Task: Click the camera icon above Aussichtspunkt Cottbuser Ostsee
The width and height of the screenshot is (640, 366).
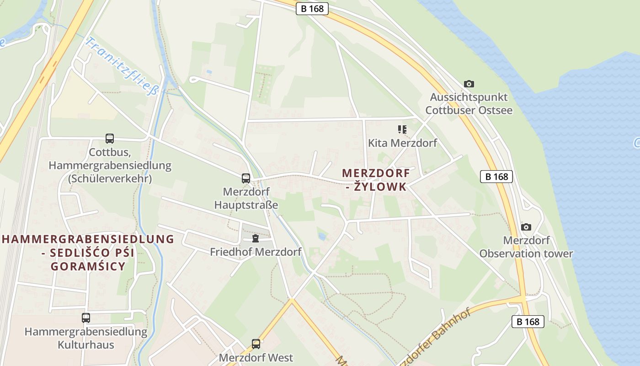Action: [469, 84]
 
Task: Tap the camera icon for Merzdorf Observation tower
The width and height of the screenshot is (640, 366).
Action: [526, 227]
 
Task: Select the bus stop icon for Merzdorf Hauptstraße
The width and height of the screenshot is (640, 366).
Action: [246, 178]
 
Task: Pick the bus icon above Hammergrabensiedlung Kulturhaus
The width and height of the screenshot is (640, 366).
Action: [86, 318]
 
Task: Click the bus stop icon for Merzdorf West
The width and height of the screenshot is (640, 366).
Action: [256, 344]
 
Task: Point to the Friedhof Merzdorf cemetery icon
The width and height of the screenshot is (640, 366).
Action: [256, 238]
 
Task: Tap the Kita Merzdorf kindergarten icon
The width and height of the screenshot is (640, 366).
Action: [402, 129]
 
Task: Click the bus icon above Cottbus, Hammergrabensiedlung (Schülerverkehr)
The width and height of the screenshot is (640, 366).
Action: [110, 138]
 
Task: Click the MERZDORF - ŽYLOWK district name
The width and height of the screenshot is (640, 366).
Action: [376, 180]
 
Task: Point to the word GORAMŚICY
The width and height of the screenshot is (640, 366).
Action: [88, 267]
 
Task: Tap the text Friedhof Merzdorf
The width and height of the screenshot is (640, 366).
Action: [256, 252]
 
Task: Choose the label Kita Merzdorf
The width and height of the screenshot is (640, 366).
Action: [402, 143]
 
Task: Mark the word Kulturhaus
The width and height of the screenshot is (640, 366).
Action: [86, 344]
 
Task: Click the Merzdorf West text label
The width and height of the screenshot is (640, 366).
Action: [256, 357]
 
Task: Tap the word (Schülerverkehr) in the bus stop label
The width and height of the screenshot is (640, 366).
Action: [110, 178]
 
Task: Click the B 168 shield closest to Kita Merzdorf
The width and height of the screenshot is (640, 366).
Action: [496, 177]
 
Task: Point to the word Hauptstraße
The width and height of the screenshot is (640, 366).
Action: [246, 205]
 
